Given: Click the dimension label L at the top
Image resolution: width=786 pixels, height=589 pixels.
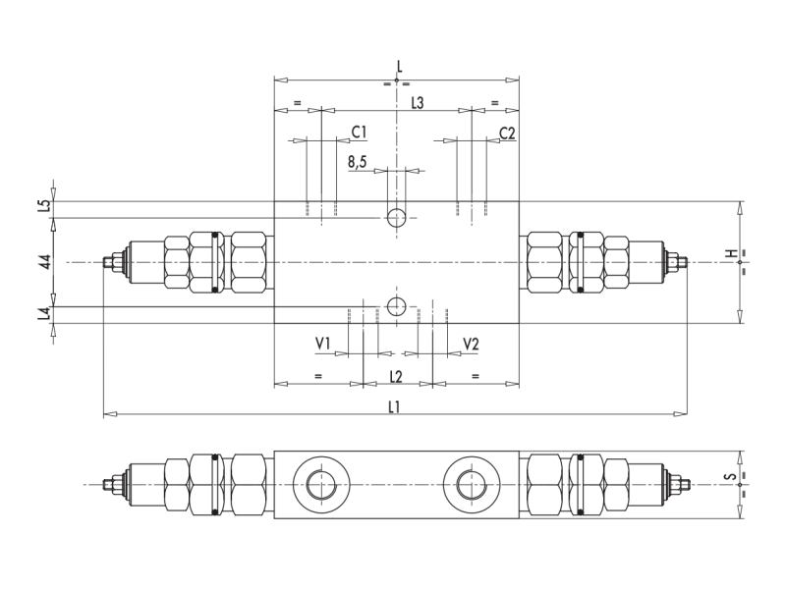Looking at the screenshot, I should click(x=399, y=67).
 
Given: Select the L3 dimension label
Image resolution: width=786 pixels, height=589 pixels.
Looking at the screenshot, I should click(x=417, y=103).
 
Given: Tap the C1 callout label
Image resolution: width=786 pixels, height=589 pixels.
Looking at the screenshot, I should click(x=359, y=132).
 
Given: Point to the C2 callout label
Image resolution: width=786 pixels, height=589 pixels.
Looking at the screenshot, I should click(x=507, y=133).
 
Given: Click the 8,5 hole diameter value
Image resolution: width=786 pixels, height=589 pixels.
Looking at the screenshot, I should click(x=357, y=162).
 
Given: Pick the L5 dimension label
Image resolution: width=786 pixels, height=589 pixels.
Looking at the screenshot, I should click(x=43, y=206).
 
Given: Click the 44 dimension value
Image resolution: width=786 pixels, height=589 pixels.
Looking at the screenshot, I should click(x=43, y=261).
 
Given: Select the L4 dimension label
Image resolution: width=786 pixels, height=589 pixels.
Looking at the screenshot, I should click(x=43, y=315).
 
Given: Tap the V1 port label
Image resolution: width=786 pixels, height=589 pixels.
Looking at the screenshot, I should click(x=323, y=344).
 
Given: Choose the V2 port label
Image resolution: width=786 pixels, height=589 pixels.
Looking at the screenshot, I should click(x=471, y=344).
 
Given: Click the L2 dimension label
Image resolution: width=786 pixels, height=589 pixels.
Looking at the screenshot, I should click(x=396, y=376).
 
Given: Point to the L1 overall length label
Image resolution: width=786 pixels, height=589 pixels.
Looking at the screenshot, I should click(x=393, y=407).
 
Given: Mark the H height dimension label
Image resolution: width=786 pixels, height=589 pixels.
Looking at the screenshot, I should click(x=731, y=254).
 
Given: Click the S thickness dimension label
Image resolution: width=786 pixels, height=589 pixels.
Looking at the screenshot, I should click(x=731, y=477).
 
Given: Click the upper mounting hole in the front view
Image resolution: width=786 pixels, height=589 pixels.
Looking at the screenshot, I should click(x=396, y=217).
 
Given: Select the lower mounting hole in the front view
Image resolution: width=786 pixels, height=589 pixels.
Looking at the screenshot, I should click(x=396, y=306).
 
